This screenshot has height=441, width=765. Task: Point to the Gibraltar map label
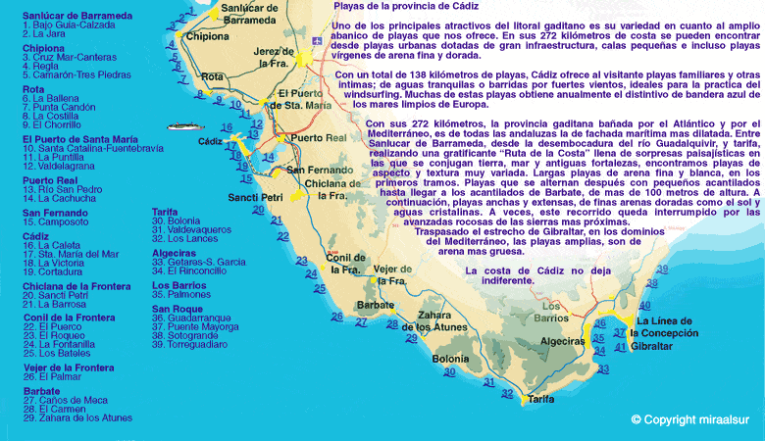[660, 347]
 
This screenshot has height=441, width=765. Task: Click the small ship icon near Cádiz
[183, 125]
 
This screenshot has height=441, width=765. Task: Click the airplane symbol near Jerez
[315, 42]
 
